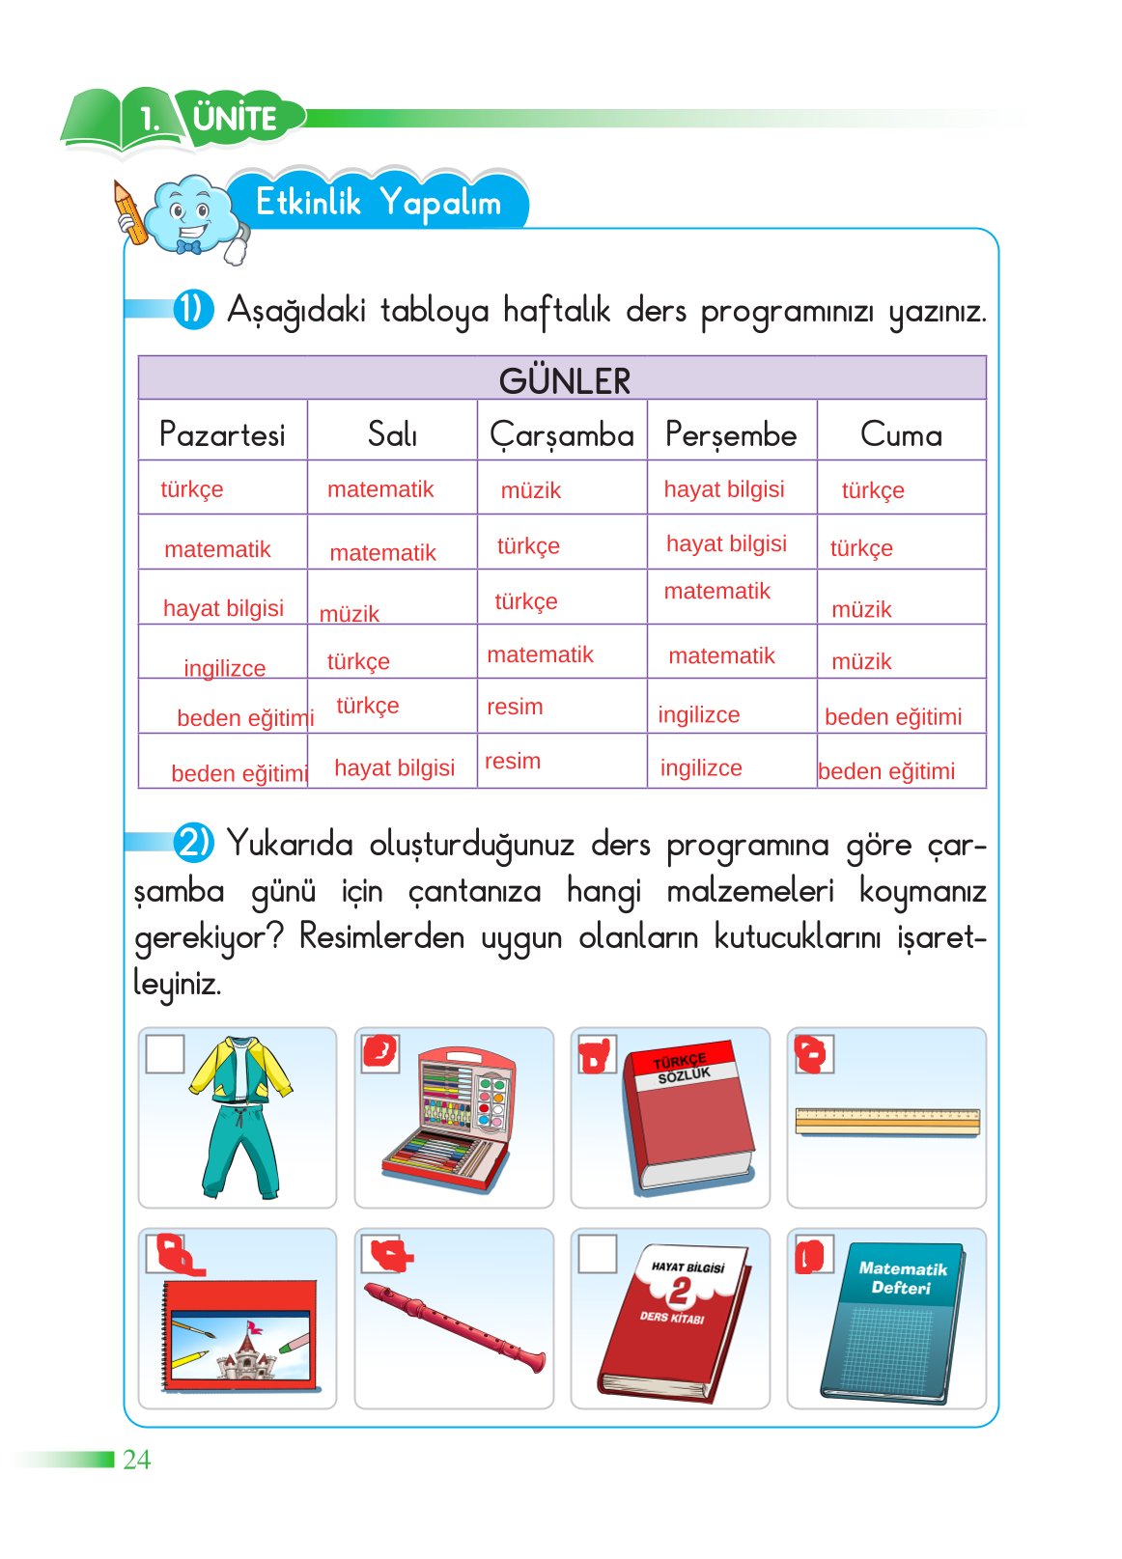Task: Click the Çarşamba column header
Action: click(561, 434)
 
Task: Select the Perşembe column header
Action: click(731, 434)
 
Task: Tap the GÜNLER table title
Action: click(564, 380)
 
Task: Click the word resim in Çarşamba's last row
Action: click(513, 761)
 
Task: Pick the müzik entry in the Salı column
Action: click(350, 614)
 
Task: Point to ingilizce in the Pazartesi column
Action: click(224, 668)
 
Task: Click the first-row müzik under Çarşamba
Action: click(530, 490)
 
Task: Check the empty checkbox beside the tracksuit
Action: click(164, 1054)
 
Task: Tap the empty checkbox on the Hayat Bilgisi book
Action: click(597, 1254)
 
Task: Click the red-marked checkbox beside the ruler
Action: click(813, 1054)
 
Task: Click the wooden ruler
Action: click(886, 1121)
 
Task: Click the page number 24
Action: click(136, 1459)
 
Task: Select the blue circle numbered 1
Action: click(192, 309)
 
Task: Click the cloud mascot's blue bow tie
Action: click(188, 247)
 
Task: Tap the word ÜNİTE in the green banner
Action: click(235, 119)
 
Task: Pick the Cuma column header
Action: click(900, 434)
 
